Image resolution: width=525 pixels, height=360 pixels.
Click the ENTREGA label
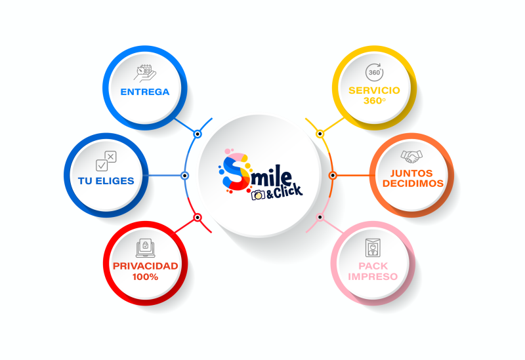point(144,92)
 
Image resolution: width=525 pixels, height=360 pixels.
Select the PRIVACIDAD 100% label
point(144,271)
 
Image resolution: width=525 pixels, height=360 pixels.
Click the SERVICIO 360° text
point(374,95)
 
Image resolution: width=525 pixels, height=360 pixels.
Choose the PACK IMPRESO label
point(373,271)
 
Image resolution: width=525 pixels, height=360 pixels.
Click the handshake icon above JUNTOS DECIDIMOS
point(412,156)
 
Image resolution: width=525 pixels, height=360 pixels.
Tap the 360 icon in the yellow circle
point(374,71)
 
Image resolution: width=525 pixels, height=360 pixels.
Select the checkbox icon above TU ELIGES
point(106,160)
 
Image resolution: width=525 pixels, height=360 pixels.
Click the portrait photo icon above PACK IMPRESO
point(373,248)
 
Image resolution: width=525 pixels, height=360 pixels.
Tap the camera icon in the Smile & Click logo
point(258,195)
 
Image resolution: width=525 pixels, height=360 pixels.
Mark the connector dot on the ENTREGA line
point(198,133)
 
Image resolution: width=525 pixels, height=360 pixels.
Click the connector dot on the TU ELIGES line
point(185,176)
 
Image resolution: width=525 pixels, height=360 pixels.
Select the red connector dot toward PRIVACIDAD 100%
point(198,217)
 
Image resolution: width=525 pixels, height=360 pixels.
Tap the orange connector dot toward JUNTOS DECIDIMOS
point(332,176)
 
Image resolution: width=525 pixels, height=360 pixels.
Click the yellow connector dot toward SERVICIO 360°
point(320,134)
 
